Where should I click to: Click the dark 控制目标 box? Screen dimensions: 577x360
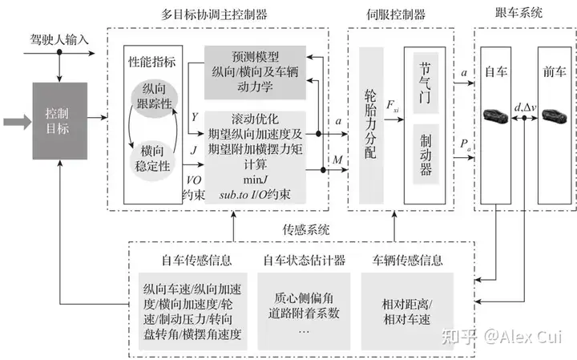pyautogui.click(x=60, y=121)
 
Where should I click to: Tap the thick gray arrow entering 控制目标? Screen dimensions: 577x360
pyautogui.click(x=18, y=122)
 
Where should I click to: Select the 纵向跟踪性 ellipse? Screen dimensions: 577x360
pyautogui.click(x=155, y=96)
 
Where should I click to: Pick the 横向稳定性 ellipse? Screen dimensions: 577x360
pyautogui.click(x=152, y=160)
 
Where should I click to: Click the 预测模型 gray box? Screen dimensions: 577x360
pyautogui.click(x=255, y=72)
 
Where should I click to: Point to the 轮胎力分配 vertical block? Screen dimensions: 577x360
pyautogui.click(x=371, y=125)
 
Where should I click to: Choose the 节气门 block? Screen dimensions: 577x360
pyautogui.click(x=426, y=83)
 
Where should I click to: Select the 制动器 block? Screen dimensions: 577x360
pyautogui.click(x=426, y=154)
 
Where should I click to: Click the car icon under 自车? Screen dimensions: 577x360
pyautogui.click(x=496, y=116)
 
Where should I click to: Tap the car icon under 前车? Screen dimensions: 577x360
pyautogui.click(x=554, y=116)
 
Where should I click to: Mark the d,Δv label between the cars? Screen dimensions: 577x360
pyautogui.click(x=525, y=107)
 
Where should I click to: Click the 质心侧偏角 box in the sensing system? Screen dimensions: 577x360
pyautogui.click(x=304, y=311)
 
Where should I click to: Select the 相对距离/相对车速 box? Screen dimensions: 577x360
pyautogui.click(x=407, y=311)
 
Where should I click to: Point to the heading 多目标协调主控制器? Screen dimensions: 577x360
pyautogui.click(x=214, y=14)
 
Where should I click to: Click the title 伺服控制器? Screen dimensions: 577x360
pyautogui.click(x=396, y=14)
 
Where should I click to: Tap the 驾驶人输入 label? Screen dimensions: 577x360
pyautogui.click(x=59, y=39)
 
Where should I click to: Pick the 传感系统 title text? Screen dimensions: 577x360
pyautogui.click(x=306, y=229)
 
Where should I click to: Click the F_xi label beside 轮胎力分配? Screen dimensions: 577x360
pyautogui.click(x=392, y=106)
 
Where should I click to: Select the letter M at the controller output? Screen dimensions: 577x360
pyautogui.click(x=337, y=160)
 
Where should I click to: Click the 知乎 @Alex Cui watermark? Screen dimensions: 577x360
pyautogui.click(x=502, y=337)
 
